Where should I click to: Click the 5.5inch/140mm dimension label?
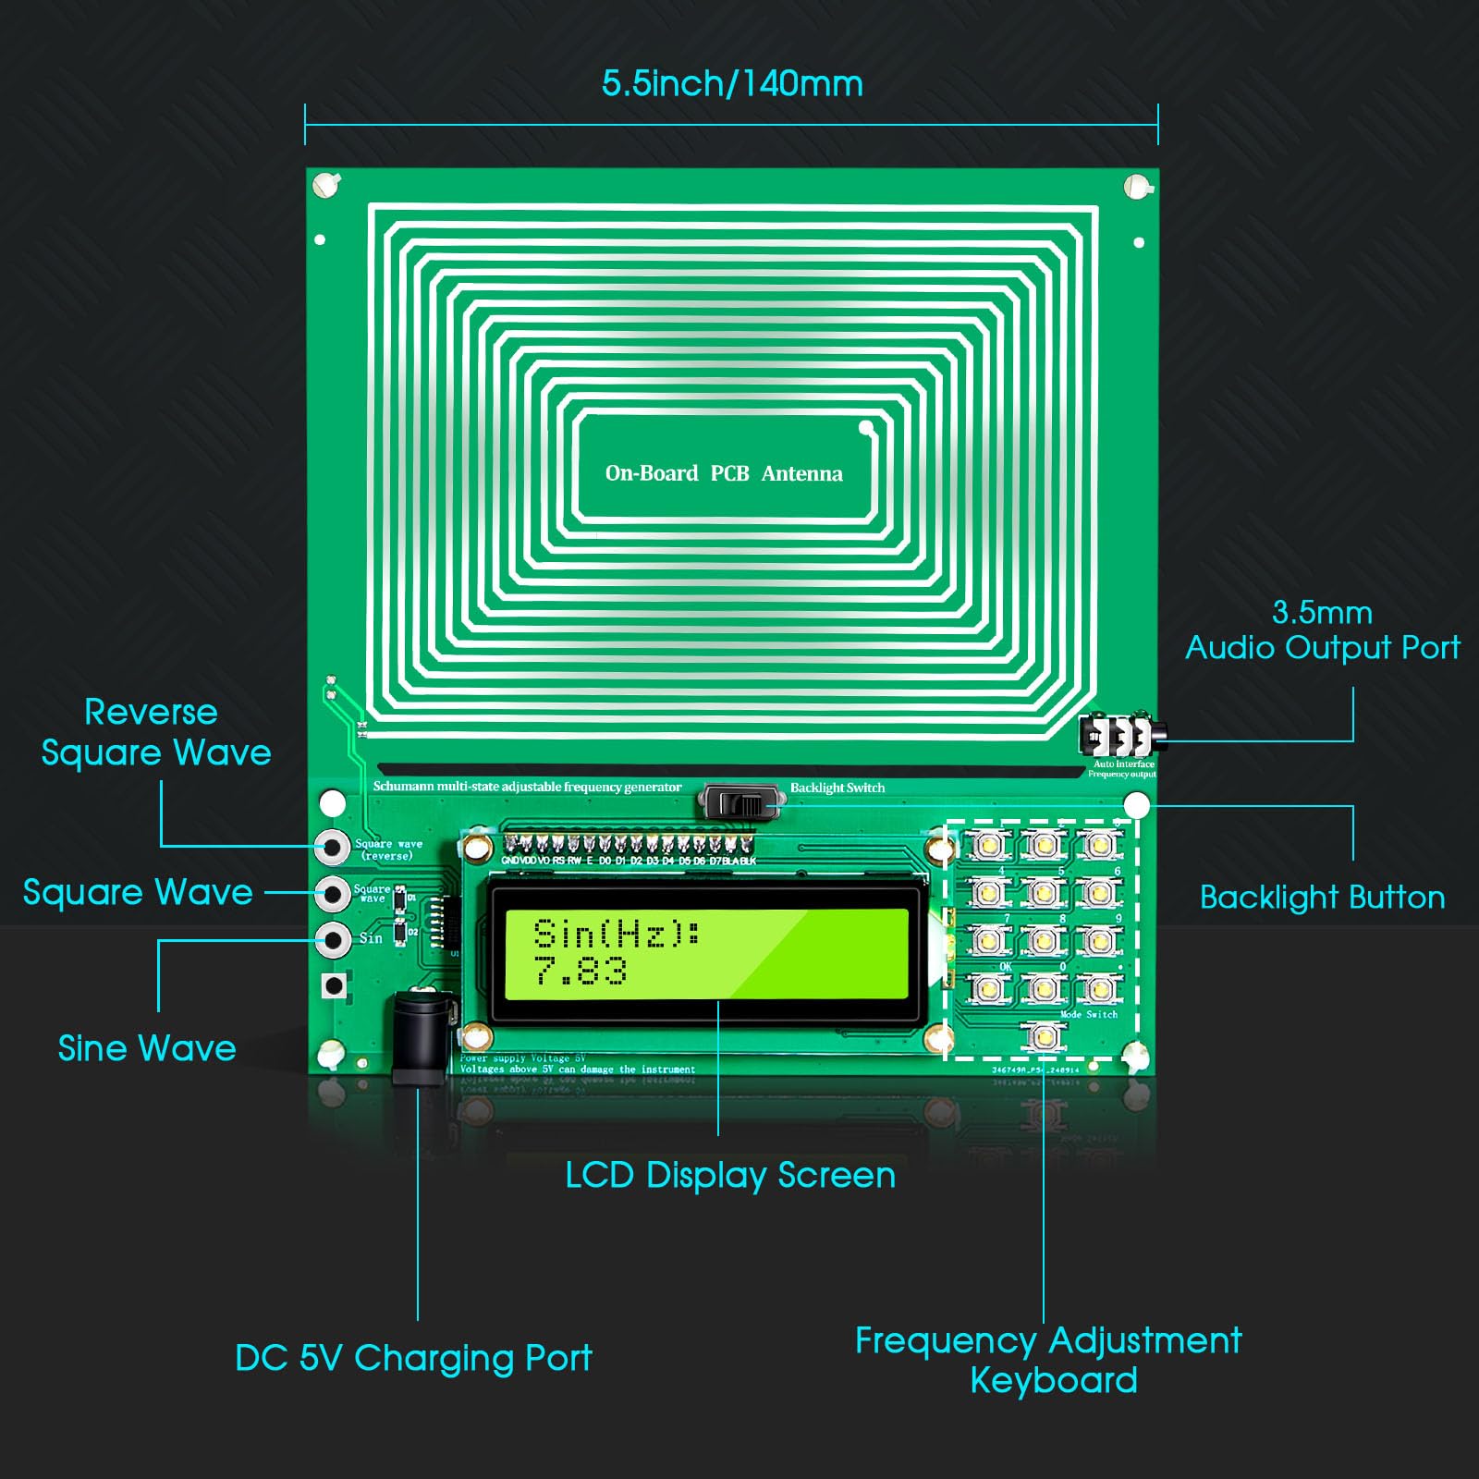click(732, 84)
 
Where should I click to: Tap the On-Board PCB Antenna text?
click(724, 473)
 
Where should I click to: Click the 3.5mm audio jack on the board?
click(1120, 737)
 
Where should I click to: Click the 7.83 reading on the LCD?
click(581, 972)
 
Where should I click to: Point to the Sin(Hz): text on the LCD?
click(617, 934)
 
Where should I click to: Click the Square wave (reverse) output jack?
click(332, 846)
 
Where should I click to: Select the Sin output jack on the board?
click(332, 939)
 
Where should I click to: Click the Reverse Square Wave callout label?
click(155, 732)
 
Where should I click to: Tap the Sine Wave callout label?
click(147, 1048)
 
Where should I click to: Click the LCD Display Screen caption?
click(730, 1176)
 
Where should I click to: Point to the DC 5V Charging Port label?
click(413, 1358)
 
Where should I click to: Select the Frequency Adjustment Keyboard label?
click(1048, 1360)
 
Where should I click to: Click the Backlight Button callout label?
click(1322, 898)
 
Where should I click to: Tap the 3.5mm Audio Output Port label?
click(1322, 630)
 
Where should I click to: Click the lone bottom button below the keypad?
click(1044, 1036)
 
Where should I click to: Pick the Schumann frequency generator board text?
click(527, 787)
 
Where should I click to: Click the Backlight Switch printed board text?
click(837, 788)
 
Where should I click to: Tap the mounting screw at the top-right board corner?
click(1137, 186)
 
